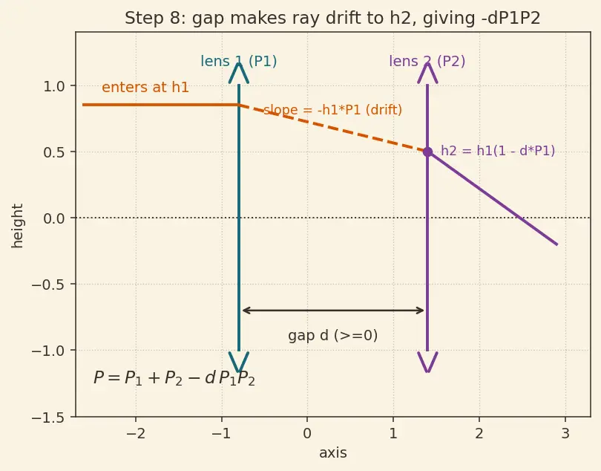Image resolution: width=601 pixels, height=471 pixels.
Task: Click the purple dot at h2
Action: point(427,152)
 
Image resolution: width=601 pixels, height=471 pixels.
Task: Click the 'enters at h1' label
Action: point(145,88)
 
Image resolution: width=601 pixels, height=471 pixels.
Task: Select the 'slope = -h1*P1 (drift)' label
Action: point(332,110)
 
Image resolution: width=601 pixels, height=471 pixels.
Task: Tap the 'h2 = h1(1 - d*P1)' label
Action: point(498,151)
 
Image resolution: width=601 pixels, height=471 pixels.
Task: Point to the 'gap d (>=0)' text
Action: point(332,336)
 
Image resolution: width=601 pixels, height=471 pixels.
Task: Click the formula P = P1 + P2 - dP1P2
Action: point(174,378)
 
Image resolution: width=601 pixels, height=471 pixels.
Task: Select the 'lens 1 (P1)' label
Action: point(239,62)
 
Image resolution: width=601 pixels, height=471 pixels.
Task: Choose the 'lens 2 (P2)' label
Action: point(427,62)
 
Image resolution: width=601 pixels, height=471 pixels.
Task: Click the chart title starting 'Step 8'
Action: point(332,18)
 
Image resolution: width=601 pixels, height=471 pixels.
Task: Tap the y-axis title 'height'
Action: point(17,226)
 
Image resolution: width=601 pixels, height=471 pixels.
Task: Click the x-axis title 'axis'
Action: point(332,453)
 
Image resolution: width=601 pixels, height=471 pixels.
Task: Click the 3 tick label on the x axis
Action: point(565,434)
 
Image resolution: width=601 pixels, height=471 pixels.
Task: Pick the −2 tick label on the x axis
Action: point(136,434)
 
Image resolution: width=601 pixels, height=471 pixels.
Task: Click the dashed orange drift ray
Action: point(333,129)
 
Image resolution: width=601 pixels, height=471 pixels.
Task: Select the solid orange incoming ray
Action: point(160,105)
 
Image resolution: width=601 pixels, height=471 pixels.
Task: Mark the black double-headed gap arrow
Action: point(332,310)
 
